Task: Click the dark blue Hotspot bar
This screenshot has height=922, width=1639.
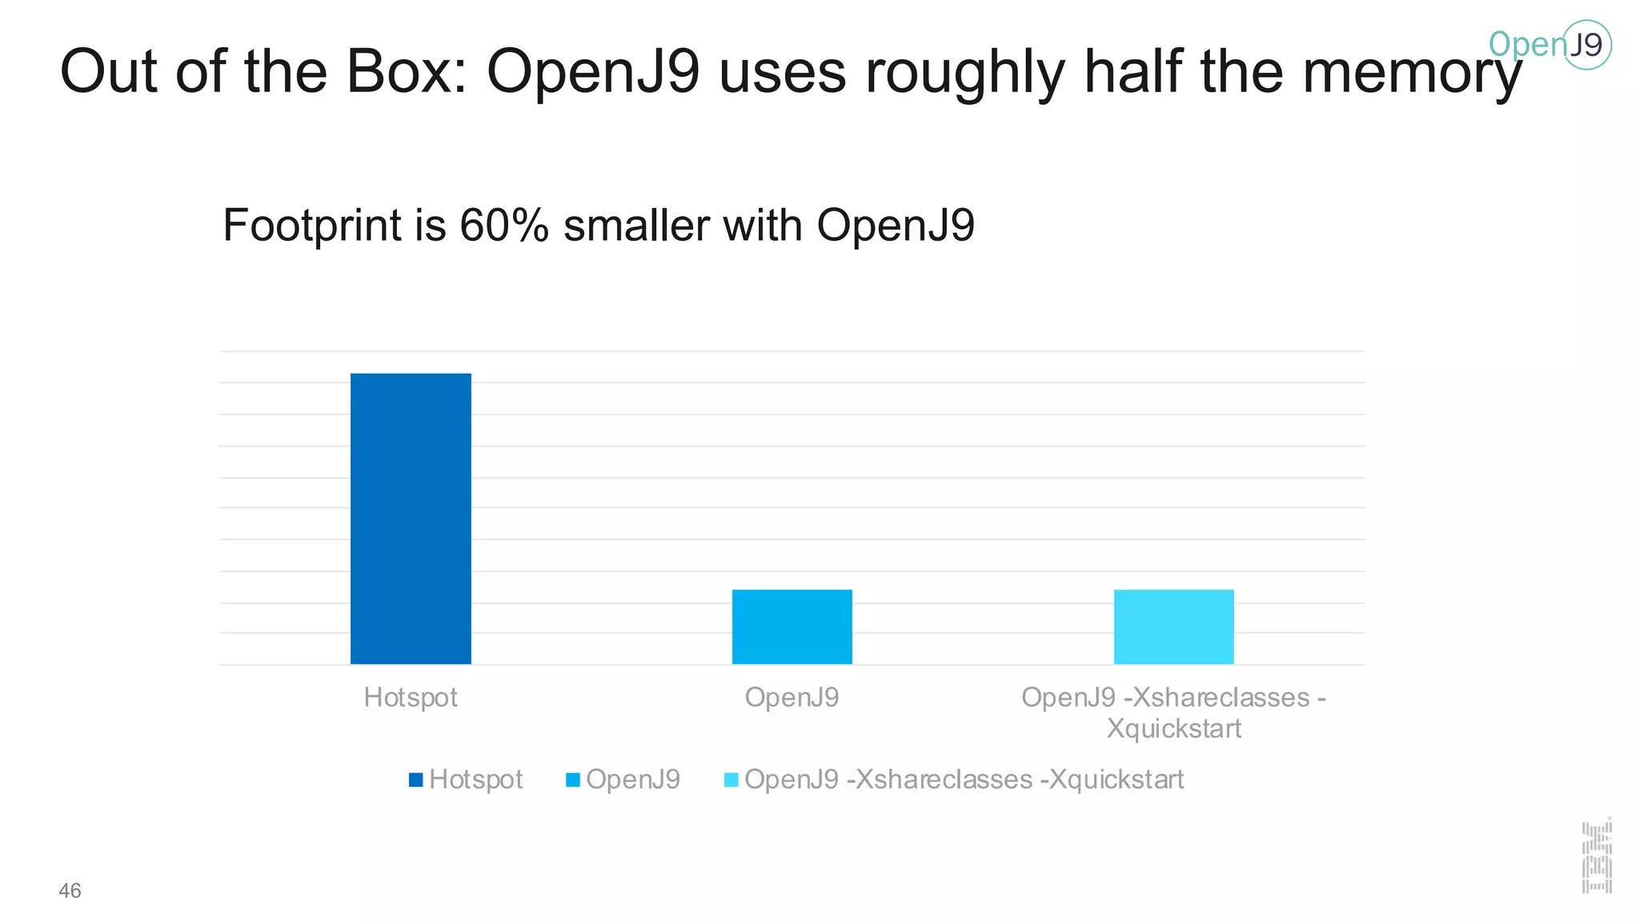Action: [x=411, y=519]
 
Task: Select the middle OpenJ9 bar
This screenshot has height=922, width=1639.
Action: [x=791, y=627]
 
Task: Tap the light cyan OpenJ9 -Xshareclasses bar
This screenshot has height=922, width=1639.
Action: [x=1173, y=627]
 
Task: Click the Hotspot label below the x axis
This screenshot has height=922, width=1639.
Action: [x=411, y=698]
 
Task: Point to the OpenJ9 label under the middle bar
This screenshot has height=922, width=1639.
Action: [x=791, y=698]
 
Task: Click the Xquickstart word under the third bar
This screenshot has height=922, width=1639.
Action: [x=1173, y=729]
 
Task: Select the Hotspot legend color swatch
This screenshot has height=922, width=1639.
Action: [x=415, y=780]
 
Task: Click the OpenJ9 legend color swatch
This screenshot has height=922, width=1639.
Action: [x=572, y=780]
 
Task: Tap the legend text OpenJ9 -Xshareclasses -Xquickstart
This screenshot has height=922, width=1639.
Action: [x=964, y=780]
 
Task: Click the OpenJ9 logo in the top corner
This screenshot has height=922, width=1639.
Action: [x=1550, y=45]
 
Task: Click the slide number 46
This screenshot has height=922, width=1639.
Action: [x=70, y=891]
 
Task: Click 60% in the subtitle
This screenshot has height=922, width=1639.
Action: [x=504, y=226]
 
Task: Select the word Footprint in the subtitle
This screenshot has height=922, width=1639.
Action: [x=312, y=226]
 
